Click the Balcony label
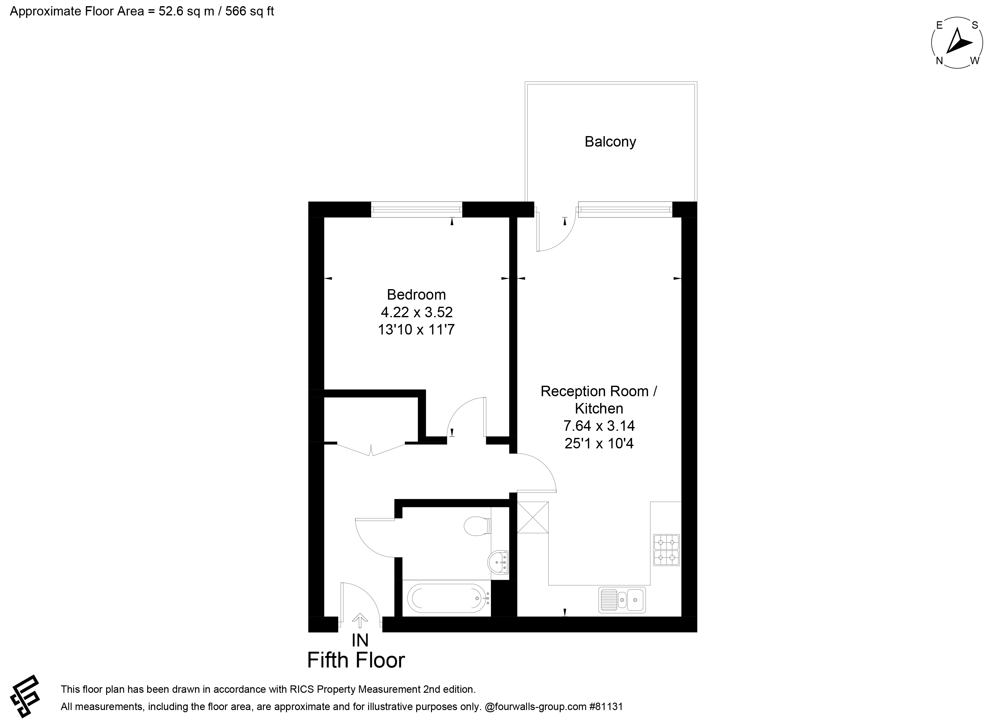click(610, 142)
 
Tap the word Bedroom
click(416, 294)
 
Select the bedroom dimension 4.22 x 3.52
click(416, 312)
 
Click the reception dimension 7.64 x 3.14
click(599, 426)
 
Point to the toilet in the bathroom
click(477, 526)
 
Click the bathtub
click(448, 598)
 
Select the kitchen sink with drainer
click(622, 600)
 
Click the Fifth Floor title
click(356, 660)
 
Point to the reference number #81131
click(606, 707)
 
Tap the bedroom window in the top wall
click(417, 210)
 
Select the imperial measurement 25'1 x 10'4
click(599, 444)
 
